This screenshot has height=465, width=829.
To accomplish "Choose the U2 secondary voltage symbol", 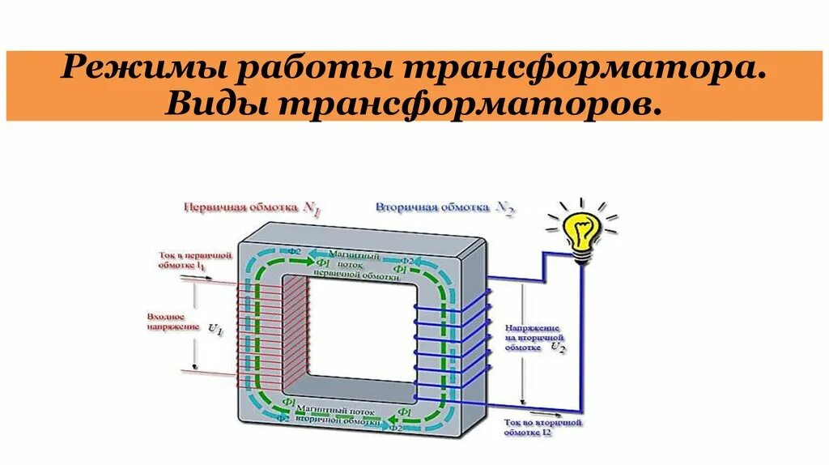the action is pyautogui.click(x=558, y=346).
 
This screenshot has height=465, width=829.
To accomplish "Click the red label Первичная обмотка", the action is pyautogui.click(x=240, y=207).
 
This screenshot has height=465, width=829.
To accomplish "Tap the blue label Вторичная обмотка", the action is pyautogui.click(x=430, y=207).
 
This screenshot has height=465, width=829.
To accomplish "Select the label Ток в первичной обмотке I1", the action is pyautogui.click(x=195, y=260).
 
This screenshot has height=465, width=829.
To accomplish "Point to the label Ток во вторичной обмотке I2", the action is pyautogui.click(x=542, y=427).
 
